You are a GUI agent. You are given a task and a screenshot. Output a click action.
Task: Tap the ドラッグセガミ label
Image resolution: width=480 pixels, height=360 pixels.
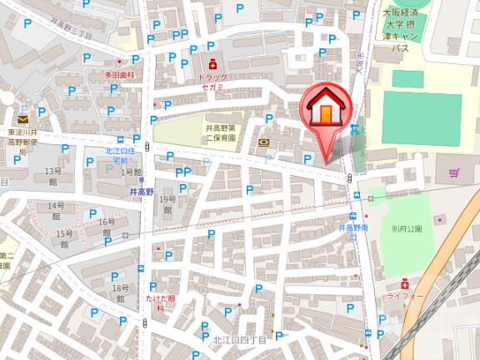click(214, 81)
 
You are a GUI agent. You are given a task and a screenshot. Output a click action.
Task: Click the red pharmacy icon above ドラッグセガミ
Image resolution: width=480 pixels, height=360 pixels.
click(213, 63)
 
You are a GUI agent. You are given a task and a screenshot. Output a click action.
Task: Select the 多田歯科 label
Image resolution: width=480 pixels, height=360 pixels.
click(118, 75)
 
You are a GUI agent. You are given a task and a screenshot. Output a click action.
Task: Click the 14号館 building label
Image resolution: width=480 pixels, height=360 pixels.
click(56, 210)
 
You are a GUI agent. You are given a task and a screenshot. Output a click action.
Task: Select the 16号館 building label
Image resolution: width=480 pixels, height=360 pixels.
click(106, 227)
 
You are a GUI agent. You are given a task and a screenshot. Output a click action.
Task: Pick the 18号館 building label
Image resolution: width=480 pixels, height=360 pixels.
click(118, 292)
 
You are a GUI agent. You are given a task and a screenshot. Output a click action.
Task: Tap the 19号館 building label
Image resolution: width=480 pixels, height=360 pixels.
click(168, 204)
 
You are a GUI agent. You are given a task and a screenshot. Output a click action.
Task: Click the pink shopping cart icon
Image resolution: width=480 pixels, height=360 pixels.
click(454, 173)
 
